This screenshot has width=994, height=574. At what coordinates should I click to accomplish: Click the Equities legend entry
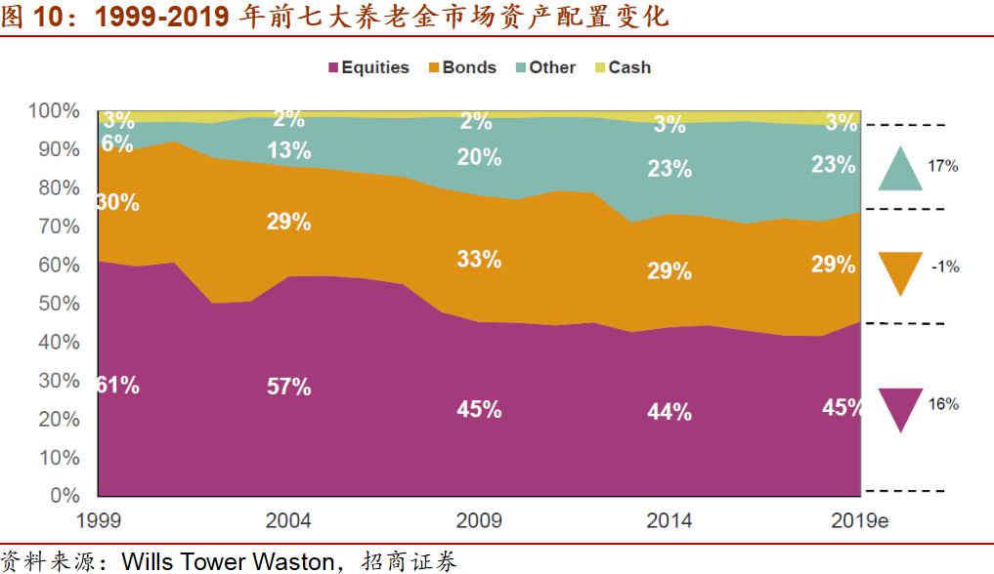[x=368, y=67]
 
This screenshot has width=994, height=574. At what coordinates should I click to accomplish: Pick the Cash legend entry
[x=622, y=67]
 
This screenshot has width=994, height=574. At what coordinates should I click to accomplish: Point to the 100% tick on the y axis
[x=55, y=110]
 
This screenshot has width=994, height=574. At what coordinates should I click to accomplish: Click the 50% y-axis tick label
[x=59, y=304]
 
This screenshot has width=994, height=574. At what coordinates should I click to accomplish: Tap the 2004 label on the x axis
[x=289, y=519]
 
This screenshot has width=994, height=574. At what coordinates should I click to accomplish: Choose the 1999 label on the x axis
[x=99, y=519]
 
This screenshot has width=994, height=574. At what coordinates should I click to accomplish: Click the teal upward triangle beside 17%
[x=900, y=168]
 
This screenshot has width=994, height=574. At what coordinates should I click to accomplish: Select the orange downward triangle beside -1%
[x=900, y=271]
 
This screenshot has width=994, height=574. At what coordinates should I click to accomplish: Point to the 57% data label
[x=289, y=387]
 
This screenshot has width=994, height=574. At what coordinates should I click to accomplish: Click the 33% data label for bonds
[x=479, y=260]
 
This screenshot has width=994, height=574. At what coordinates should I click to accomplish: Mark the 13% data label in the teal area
[x=289, y=150]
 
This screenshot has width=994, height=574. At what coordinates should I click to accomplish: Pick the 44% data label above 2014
[x=670, y=412]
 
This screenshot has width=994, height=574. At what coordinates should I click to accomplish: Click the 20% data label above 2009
[x=479, y=157]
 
